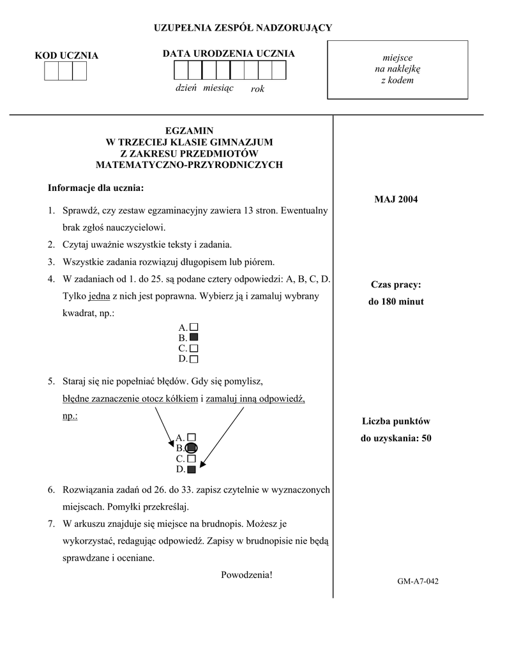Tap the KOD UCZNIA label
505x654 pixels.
pos(66,56)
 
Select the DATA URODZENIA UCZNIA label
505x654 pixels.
pos(229,54)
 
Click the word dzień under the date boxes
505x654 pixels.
pos(186,87)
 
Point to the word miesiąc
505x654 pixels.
pos(218,87)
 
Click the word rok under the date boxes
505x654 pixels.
pos(257,89)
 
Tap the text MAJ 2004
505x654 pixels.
pos(396,200)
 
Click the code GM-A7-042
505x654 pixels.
pos(418,581)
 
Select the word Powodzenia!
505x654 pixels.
pos(246,575)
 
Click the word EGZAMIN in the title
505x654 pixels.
pos(189,130)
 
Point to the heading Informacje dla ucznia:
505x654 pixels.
pos(96,188)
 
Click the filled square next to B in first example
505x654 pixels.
pos(194,337)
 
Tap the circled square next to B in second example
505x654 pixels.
pos(192,448)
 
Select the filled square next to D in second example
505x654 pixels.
pos(192,469)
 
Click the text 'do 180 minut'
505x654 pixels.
pos(396,301)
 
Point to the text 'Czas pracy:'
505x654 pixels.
pos(396,285)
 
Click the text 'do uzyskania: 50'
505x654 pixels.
pos(396,438)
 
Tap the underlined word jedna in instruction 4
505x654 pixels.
pos(100,296)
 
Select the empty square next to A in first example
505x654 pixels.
pos(194,326)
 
